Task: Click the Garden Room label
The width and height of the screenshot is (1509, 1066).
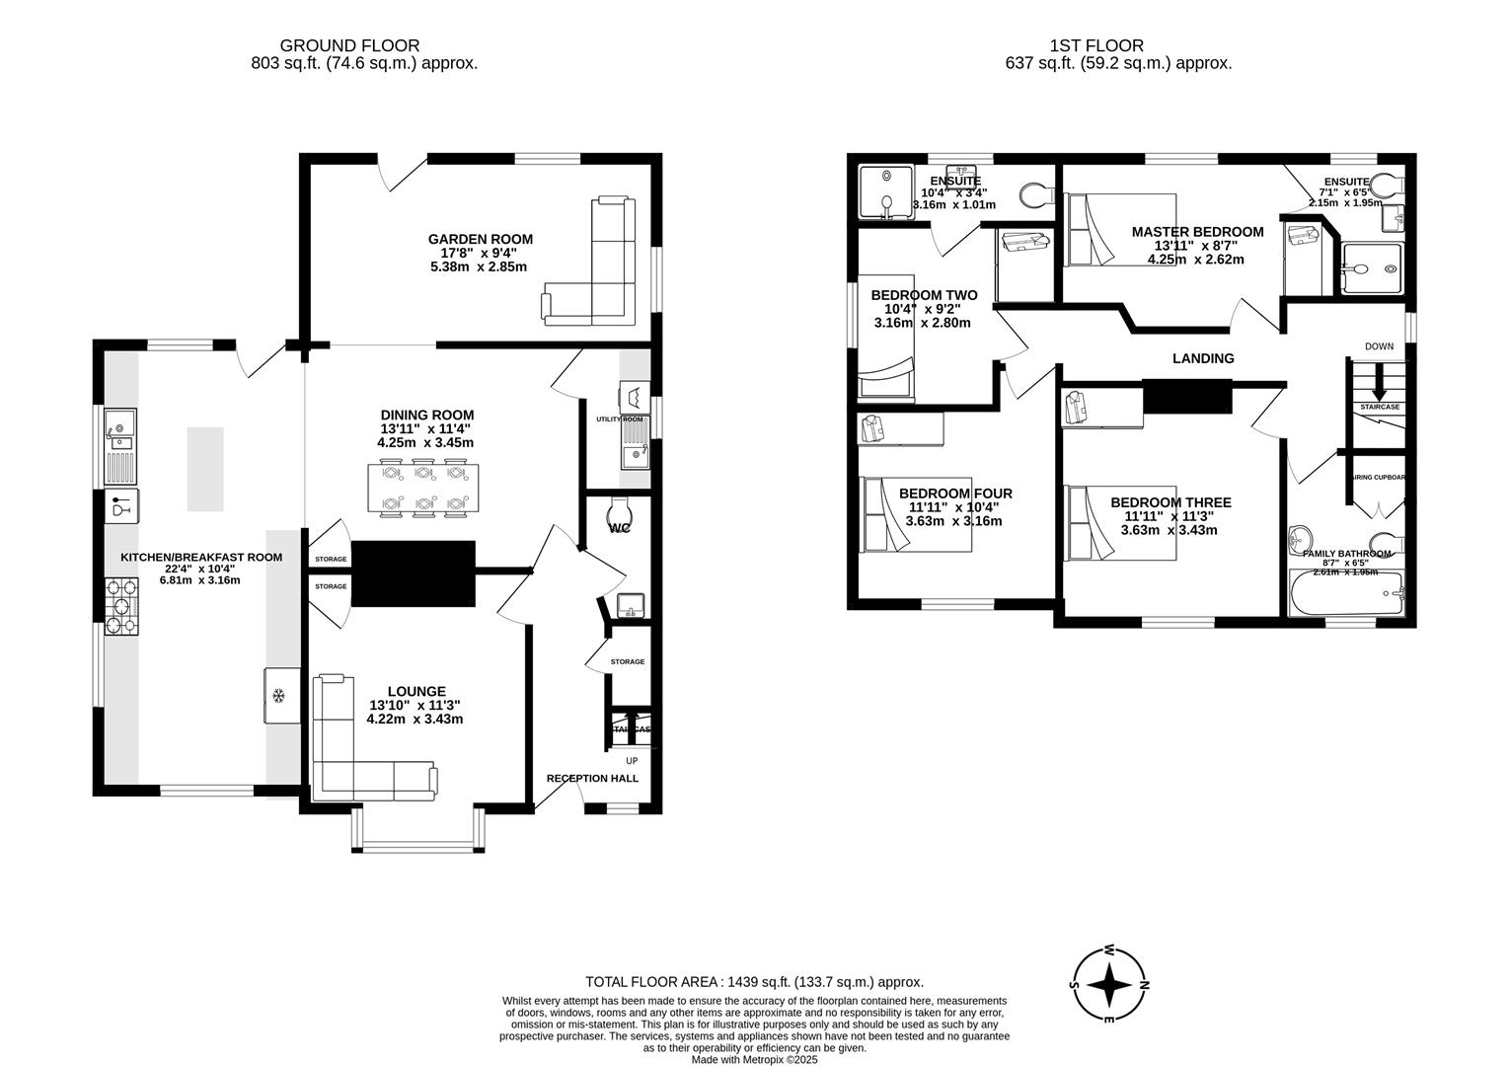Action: pyautogui.click(x=480, y=239)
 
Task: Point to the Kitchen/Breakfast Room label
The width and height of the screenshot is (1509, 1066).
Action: pyautogui.click(x=201, y=558)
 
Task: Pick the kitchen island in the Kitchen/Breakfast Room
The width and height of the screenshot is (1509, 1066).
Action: pyautogui.click(x=205, y=468)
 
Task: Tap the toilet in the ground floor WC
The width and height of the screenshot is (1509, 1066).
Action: pyautogui.click(x=619, y=512)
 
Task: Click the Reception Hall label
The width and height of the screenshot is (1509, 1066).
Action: pyautogui.click(x=592, y=778)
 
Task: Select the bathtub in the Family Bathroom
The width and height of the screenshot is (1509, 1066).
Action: pyautogui.click(x=1345, y=594)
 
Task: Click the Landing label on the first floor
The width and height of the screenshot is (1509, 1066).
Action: pyautogui.click(x=1202, y=358)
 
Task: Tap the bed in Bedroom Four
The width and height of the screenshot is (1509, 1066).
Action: pyautogui.click(x=915, y=513)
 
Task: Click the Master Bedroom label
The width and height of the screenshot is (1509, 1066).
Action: pyautogui.click(x=1196, y=232)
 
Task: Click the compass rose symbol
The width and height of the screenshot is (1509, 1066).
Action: pyautogui.click(x=1110, y=984)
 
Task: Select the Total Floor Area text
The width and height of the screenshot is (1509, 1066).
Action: pyautogui.click(x=754, y=981)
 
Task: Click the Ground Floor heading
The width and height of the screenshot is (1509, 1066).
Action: pyautogui.click(x=349, y=45)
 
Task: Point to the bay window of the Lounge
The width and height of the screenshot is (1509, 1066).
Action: pyautogui.click(x=418, y=844)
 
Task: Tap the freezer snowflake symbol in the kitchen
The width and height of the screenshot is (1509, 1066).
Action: pyautogui.click(x=279, y=697)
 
